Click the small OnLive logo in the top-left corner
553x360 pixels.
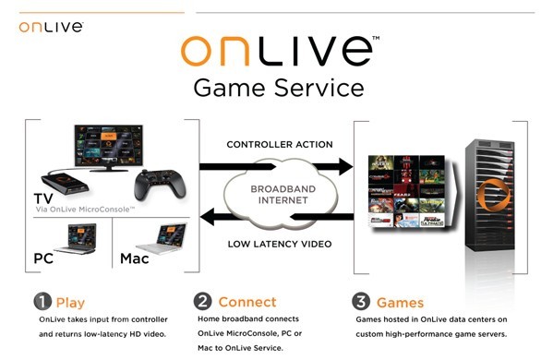pos(51,27)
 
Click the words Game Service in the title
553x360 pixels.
pos(279,88)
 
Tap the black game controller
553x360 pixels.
pos(160,185)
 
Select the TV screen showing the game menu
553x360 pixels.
pos(109,145)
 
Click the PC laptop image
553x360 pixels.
pos(76,239)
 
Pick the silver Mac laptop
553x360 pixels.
pos(162,239)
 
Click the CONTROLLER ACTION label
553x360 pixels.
pos(280,144)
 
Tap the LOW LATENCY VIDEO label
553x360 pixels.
pos(280,244)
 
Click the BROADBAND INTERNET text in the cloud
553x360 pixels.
pos(283,195)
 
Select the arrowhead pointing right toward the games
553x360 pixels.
pos(345,166)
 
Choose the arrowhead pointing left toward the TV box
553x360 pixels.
pos(207,217)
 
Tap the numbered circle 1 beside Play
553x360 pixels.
pos(42,302)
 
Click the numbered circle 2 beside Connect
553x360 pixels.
pos(202,301)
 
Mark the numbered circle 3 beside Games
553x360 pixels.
pos(361,302)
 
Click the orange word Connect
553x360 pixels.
pos(247,302)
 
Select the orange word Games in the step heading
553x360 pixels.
pos(400,303)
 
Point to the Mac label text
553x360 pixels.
pos(135,258)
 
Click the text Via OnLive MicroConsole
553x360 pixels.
pos(85,210)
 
